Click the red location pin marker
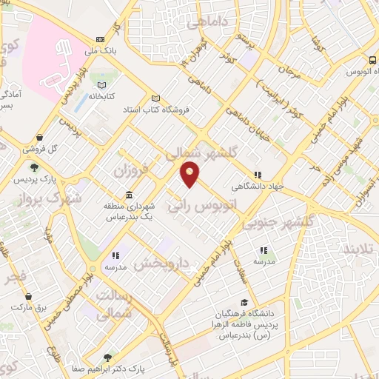pyautogui.click(x=190, y=175)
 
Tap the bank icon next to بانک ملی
pyautogui.click(x=100, y=40)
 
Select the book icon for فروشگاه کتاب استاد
pyautogui.click(x=155, y=98)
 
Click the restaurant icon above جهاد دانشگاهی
pyautogui.click(x=257, y=175)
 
